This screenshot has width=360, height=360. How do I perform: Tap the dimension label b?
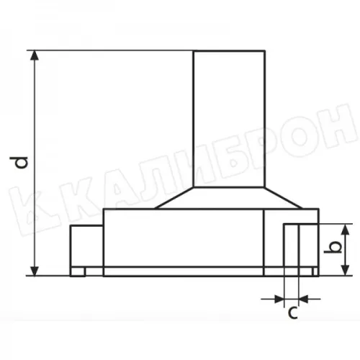(x=333, y=248)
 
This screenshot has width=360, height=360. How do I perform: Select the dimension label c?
(x=293, y=312)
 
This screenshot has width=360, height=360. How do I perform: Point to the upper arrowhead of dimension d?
(x=35, y=55)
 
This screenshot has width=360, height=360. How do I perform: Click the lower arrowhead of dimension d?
(x=35, y=271)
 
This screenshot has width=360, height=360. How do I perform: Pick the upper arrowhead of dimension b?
(x=345, y=229)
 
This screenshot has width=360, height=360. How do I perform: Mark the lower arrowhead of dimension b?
(x=345, y=271)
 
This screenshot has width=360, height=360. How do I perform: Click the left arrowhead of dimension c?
(x=279, y=299)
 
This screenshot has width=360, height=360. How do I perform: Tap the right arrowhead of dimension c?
(x=304, y=299)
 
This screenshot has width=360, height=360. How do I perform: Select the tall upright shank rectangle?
(x=230, y=119)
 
